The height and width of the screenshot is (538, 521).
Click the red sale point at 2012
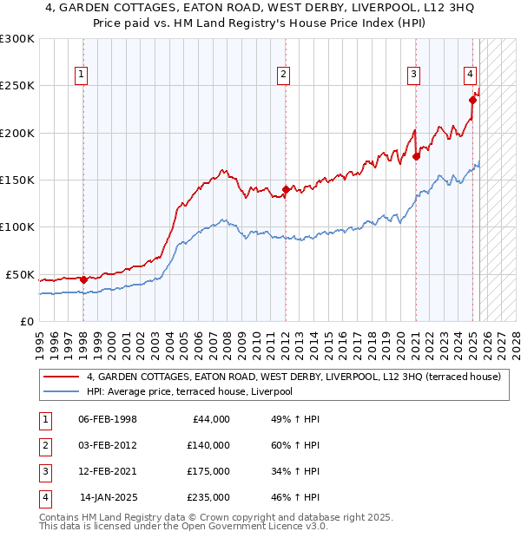tap(285, 189)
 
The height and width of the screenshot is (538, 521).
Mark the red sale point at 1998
tap(83, 279)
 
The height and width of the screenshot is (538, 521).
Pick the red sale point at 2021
tap(416, 156)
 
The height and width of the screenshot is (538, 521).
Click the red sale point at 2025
tap(472, 100)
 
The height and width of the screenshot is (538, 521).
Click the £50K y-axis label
tap(21, 274)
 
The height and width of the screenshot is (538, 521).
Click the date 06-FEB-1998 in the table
tap(108, 419)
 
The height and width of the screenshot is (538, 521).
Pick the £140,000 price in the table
tap(208, 445)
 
